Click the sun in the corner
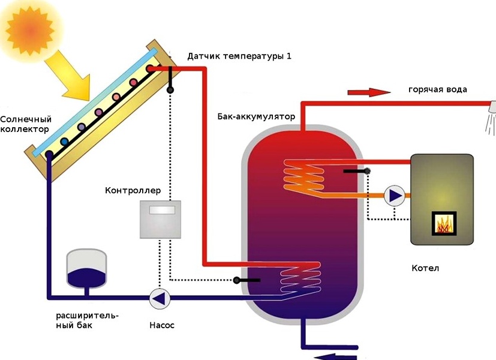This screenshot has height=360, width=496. (x=30, y=31)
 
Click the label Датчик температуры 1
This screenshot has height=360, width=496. (x=239, y=56)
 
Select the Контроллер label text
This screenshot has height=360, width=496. (x=133, y=190)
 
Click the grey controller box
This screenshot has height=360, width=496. (x=160, y=220)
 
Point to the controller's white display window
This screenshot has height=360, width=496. (x=162, y=210)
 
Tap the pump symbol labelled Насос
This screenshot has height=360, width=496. (x=160, y=298)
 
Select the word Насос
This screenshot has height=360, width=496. (x=162, y=325)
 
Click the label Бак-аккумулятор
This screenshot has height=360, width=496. (x=256, y=117)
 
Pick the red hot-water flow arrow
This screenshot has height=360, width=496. (x=369, y=92)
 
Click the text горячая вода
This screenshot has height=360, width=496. (x=438, y=89)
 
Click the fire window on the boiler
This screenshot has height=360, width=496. (x=444, y=224)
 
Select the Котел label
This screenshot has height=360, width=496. (x=425, y=268)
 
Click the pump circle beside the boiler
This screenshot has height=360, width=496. (x=395, y=196)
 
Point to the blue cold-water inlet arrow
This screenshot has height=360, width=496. (x=336, y=356)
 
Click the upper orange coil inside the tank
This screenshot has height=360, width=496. (x=304, y=178)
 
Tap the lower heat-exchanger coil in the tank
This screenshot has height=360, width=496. (x=300, y=278)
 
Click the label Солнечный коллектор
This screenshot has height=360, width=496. (x=26, y=124)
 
